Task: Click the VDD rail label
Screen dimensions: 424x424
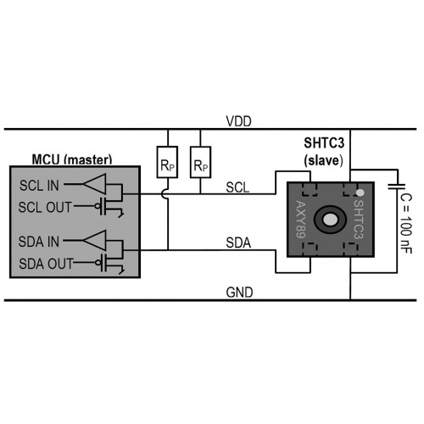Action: tap(238, 121)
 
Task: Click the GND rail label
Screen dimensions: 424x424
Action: tap(239, 293)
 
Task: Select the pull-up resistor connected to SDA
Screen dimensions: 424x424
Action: tap(167, 162)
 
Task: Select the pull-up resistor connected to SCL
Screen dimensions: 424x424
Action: tap(200, 162)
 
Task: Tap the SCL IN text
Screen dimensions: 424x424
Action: tap(39, 186)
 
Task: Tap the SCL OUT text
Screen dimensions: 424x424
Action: tap(45, 207)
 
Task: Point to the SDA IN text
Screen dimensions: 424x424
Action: tap(39, 242)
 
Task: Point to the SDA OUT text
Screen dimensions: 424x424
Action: tap(46, 264)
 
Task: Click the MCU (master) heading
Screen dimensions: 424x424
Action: tap(72, 159)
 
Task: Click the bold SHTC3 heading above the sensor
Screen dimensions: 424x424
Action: tap(324, 142)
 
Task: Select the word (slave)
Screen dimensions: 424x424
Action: tap(323, 160)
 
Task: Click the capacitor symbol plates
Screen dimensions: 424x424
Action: tap(397, 187)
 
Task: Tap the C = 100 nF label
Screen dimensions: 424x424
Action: tap(406, 223)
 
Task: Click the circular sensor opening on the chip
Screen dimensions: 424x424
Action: tap(330, 220)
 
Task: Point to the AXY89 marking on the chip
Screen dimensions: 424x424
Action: tap(301, 219)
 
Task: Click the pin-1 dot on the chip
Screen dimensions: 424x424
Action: tap(360, 192)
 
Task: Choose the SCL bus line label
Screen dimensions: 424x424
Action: tap(237, 187)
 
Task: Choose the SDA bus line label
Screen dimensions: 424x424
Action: tap(238, 243)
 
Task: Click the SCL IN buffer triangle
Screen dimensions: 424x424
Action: tap(95, 184)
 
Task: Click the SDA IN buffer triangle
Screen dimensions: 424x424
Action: tap(95, 240)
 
